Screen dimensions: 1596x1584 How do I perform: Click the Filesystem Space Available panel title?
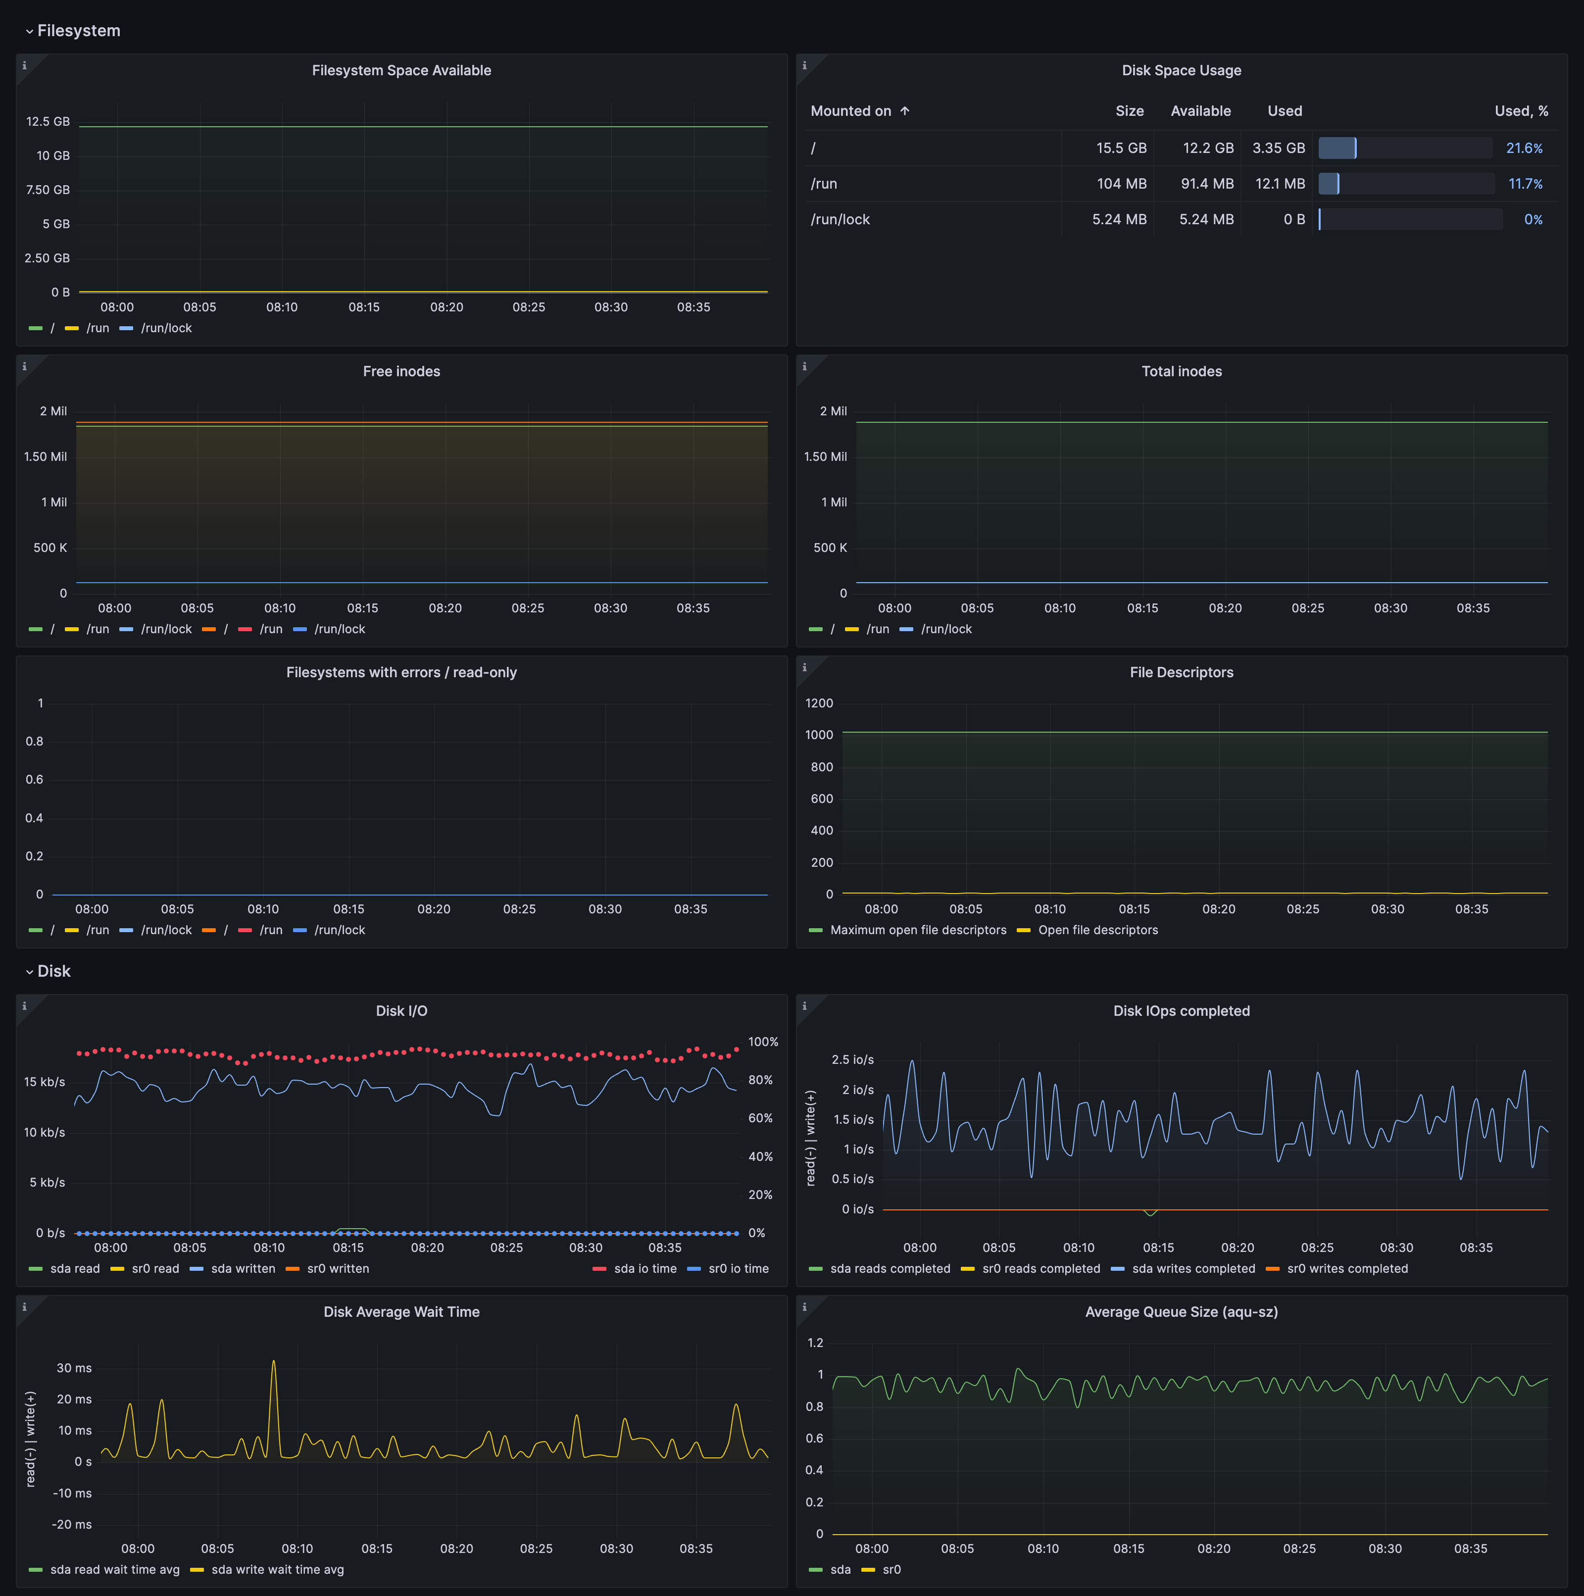[401, 70]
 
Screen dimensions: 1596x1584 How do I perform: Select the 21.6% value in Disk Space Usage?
[1524, 148]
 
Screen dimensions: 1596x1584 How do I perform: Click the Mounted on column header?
[850, 111]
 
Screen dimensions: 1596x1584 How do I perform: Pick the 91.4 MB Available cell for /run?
[1207, 183]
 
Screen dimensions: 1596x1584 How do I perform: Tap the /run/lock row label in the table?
[840, 219]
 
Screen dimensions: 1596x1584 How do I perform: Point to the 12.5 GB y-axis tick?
[48, 121]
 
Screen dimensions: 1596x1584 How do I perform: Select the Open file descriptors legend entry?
[1097, 930]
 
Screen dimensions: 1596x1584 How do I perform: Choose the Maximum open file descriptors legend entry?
[918, 930]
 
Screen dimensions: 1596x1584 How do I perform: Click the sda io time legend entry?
[644, 1269]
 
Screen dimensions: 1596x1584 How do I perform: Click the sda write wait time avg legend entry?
[277, 1570]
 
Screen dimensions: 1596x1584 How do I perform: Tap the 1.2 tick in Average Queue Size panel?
[815, 1343]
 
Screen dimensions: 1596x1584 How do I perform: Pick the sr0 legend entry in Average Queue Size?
[891, 1570]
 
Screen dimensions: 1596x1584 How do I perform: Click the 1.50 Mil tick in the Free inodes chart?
[46, 457]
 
